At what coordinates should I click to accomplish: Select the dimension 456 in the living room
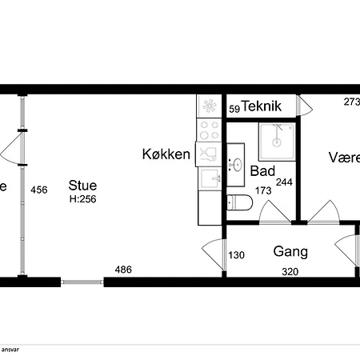click(x=38, y=190)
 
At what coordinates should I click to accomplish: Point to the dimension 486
click(x=122, y=270)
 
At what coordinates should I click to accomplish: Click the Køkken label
click(x=166, y=154)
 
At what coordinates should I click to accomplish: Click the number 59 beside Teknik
click(x=234, y=108)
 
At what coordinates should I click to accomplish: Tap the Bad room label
click(x=262, y=171)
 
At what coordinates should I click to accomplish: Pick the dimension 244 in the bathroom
click(x=284, y=182)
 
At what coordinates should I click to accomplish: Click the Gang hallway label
click(x=290, y=251)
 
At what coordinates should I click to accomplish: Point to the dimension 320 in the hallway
click(x=291, y=272)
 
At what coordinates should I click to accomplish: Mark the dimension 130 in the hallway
click(x=236, y=256)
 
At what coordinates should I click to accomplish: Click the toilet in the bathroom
click(x=239, y=204)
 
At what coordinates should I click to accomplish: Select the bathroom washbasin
click(x=235, y=166)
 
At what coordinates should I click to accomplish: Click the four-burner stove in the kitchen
click(x=210, y=128)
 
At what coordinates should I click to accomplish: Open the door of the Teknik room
click(x=305, y=104)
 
